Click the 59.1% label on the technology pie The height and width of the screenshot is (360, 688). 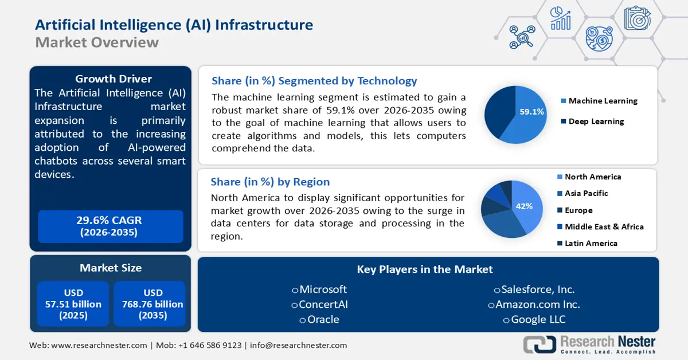coord(531,112)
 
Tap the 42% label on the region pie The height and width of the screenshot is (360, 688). coord(524,206)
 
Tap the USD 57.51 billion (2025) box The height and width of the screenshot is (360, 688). coord(73,304)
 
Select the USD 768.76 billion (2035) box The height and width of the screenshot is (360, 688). coord(149,304)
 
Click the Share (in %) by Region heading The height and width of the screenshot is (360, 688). coord(270,182)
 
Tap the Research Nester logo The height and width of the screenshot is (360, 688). coord(590,344)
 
